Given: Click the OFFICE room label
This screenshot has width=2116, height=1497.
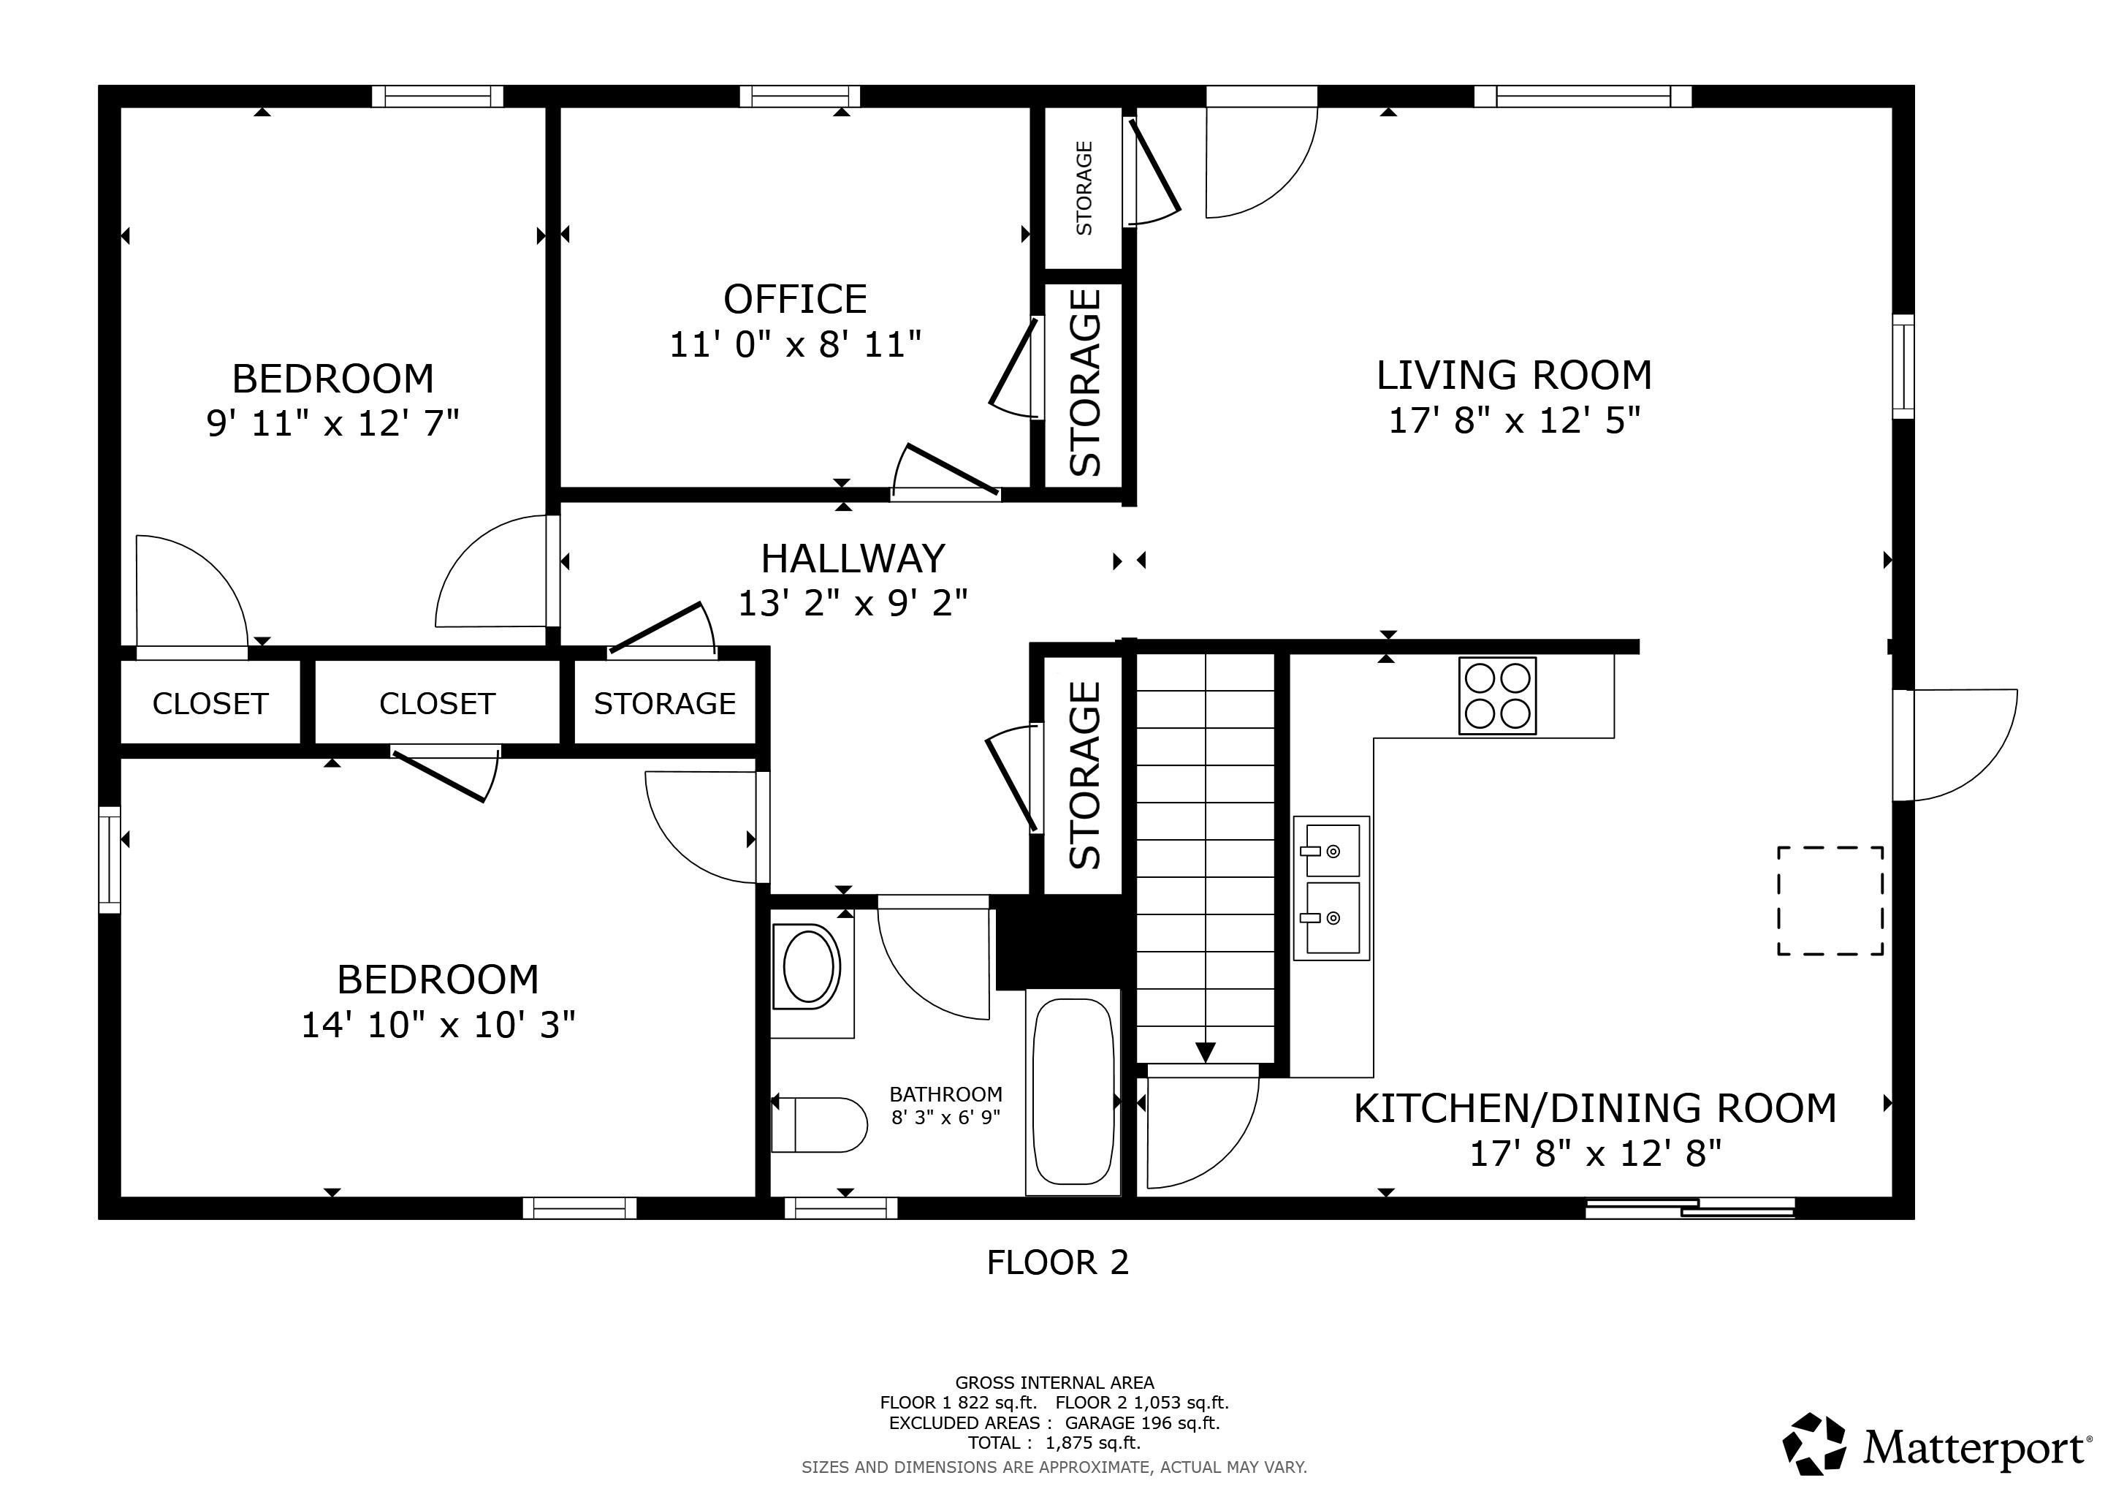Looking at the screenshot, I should pyautogui.click(x=794, y=300).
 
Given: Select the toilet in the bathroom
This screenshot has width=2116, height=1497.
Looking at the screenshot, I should pyautogui.click(x=818, y=1125).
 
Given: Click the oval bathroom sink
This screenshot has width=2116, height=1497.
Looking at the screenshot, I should pyautogui.click(x=808, y=967).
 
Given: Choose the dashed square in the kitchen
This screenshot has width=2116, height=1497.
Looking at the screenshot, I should pyautogui.click(x=1830, y=901).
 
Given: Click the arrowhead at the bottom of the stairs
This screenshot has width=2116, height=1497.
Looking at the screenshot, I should pyautogui.click(x=1205, y=1052).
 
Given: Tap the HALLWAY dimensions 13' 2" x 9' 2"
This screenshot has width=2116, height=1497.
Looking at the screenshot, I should pyautogui.click(x=853, y=603).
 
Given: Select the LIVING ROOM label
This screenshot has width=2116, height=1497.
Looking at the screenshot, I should pyautogui.click(x=1513, y=375).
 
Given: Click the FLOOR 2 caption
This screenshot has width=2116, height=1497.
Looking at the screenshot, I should pyautogui.click(x=1057, y=1262).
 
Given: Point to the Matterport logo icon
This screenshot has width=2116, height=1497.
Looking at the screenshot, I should pyautogui.click(x=1814, y=1444).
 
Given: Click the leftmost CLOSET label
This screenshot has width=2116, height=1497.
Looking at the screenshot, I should pyautogui.click(x=210, y=703).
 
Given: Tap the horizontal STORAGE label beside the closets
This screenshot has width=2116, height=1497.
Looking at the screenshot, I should pyautogui.click(x=664, y=703).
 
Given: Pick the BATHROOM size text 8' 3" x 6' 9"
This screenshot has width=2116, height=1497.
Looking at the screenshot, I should pyautogui.click(x=945, y=1117).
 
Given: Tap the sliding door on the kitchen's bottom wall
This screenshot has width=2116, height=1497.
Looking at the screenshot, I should pyautogui.click(x=1689, y=1208).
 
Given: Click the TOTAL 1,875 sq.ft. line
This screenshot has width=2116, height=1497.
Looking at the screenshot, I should pyautogui.click(x=1054, y=1443).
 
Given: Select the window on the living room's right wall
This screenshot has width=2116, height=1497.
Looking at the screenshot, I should pyautogui.click(x=1902, y=366).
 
